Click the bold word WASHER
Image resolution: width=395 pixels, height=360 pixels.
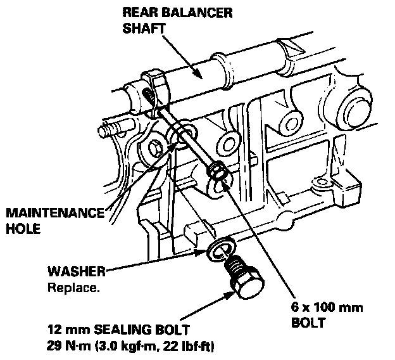(76, 272)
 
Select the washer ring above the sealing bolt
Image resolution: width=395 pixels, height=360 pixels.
(220, 249)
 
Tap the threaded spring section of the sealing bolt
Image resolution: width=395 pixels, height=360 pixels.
(234, 265)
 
